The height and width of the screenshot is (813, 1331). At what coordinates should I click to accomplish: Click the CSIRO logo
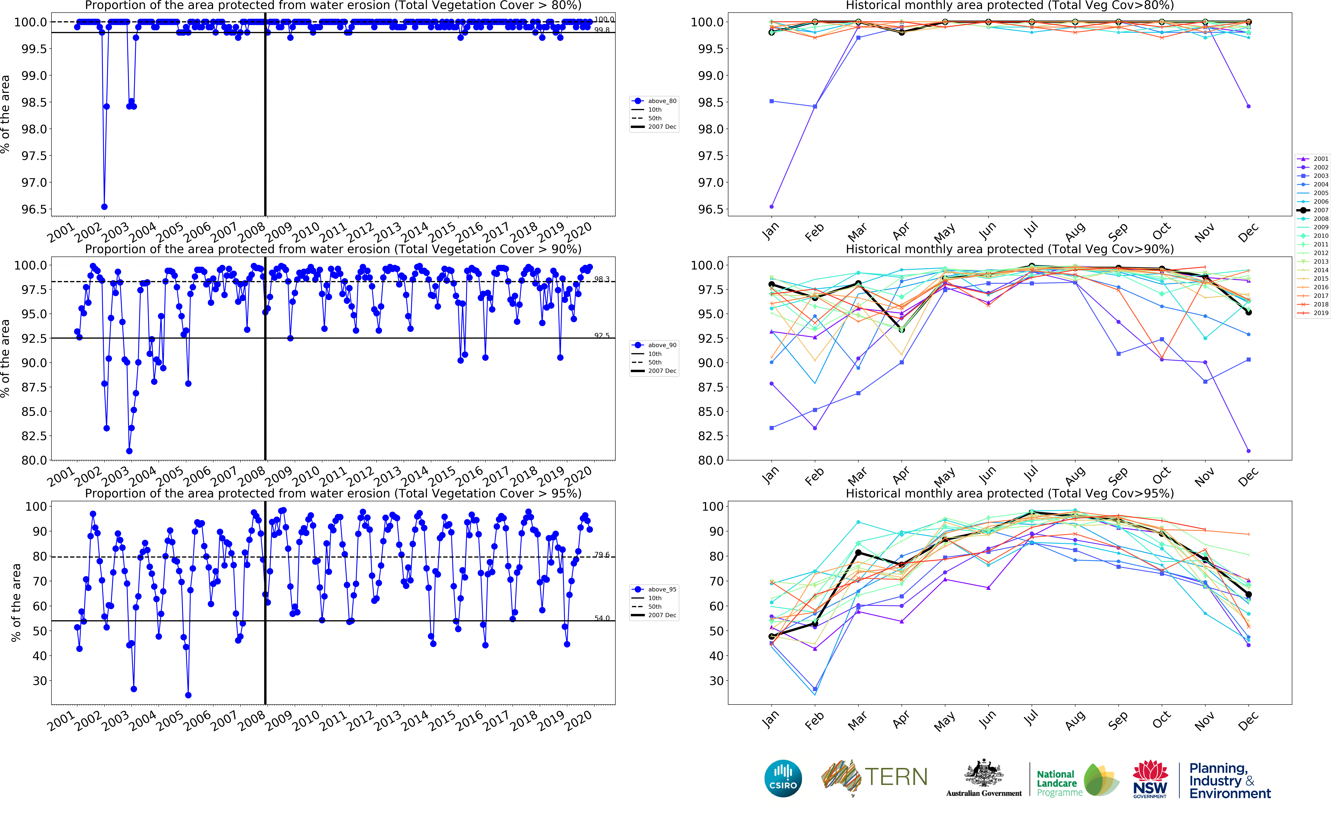[783, 778]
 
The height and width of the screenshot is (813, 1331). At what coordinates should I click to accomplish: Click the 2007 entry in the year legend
[1314, 210]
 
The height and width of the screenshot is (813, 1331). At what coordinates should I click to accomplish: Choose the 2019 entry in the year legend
[1314, 313]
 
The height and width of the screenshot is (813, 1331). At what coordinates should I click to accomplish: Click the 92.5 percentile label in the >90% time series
[602, 335]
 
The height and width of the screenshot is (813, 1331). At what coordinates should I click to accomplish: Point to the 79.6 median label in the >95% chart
[602, 555]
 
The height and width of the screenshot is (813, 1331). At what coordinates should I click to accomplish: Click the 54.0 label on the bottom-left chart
[602, 618]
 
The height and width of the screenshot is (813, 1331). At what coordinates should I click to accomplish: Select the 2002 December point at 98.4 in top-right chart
[1248, 106]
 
